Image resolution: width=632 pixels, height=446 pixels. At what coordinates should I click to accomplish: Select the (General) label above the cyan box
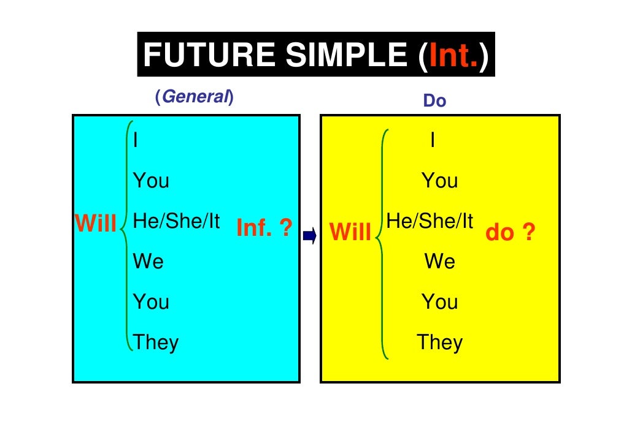195,97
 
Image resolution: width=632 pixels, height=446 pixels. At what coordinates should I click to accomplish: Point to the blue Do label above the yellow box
434,101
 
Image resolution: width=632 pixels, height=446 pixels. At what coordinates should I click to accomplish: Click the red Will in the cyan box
96,224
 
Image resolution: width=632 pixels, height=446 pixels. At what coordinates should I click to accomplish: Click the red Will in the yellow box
350,232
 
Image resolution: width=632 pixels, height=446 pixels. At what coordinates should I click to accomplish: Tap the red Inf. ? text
264,229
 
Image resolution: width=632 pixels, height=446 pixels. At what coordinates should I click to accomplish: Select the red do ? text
510,232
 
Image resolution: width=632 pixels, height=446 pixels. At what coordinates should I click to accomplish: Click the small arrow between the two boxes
309,235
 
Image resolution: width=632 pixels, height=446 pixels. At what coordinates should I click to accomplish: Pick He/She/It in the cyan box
176,222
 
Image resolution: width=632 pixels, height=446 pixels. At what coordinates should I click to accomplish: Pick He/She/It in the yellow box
430,222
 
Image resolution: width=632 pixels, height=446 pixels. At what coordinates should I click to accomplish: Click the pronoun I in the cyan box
136,141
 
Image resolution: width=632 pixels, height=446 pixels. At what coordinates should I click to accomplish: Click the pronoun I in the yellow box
433,141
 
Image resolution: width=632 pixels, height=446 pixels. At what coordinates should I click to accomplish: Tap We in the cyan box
148,262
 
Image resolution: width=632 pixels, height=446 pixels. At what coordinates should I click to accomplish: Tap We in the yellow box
440,262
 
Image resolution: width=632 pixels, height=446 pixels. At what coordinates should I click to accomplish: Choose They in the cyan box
156,342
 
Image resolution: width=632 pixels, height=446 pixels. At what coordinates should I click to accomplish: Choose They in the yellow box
439,342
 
